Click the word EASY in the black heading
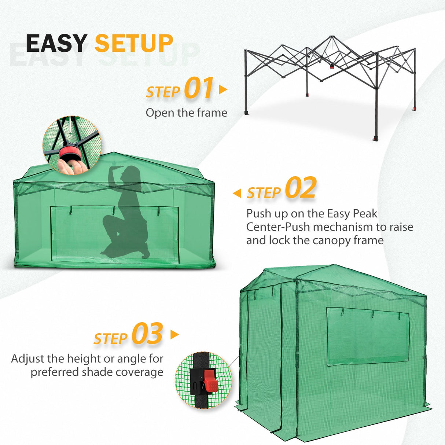(56, 43)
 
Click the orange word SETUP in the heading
(134, 43)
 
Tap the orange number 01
(198, 88)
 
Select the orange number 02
(300, 188)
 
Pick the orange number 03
(147, 334)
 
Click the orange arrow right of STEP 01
(222, 89)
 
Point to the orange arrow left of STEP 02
(238, 193)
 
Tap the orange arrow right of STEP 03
(174, 334)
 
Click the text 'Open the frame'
(186, 113)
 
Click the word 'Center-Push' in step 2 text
(278, 227)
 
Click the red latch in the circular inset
(211, 380)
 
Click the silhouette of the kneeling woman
(126, 213)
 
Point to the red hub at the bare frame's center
(332, 66)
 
